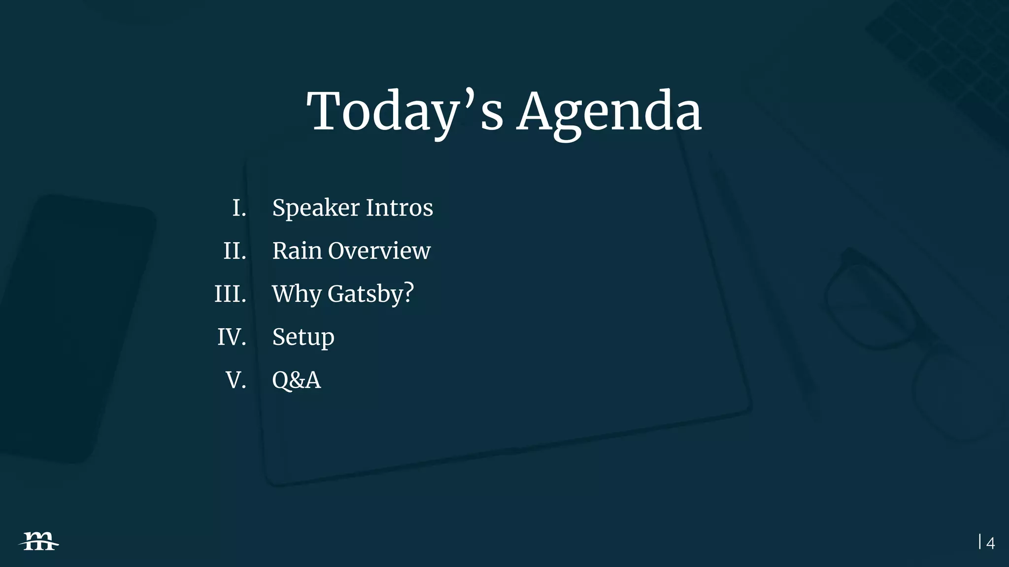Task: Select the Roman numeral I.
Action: (239, 208)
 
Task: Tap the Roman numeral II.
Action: (235, 251)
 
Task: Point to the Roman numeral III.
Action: (230, 294)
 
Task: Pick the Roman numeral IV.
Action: (232, 337)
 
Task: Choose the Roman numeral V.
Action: (235, 380)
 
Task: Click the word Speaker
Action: (315, 208)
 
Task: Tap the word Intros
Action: (399, 208)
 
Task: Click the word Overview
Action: (379, 251)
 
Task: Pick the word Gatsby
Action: (365, 294)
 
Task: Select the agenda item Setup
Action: (303, 338)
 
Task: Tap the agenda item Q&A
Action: (296, 380)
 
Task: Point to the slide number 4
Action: (990, 543)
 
